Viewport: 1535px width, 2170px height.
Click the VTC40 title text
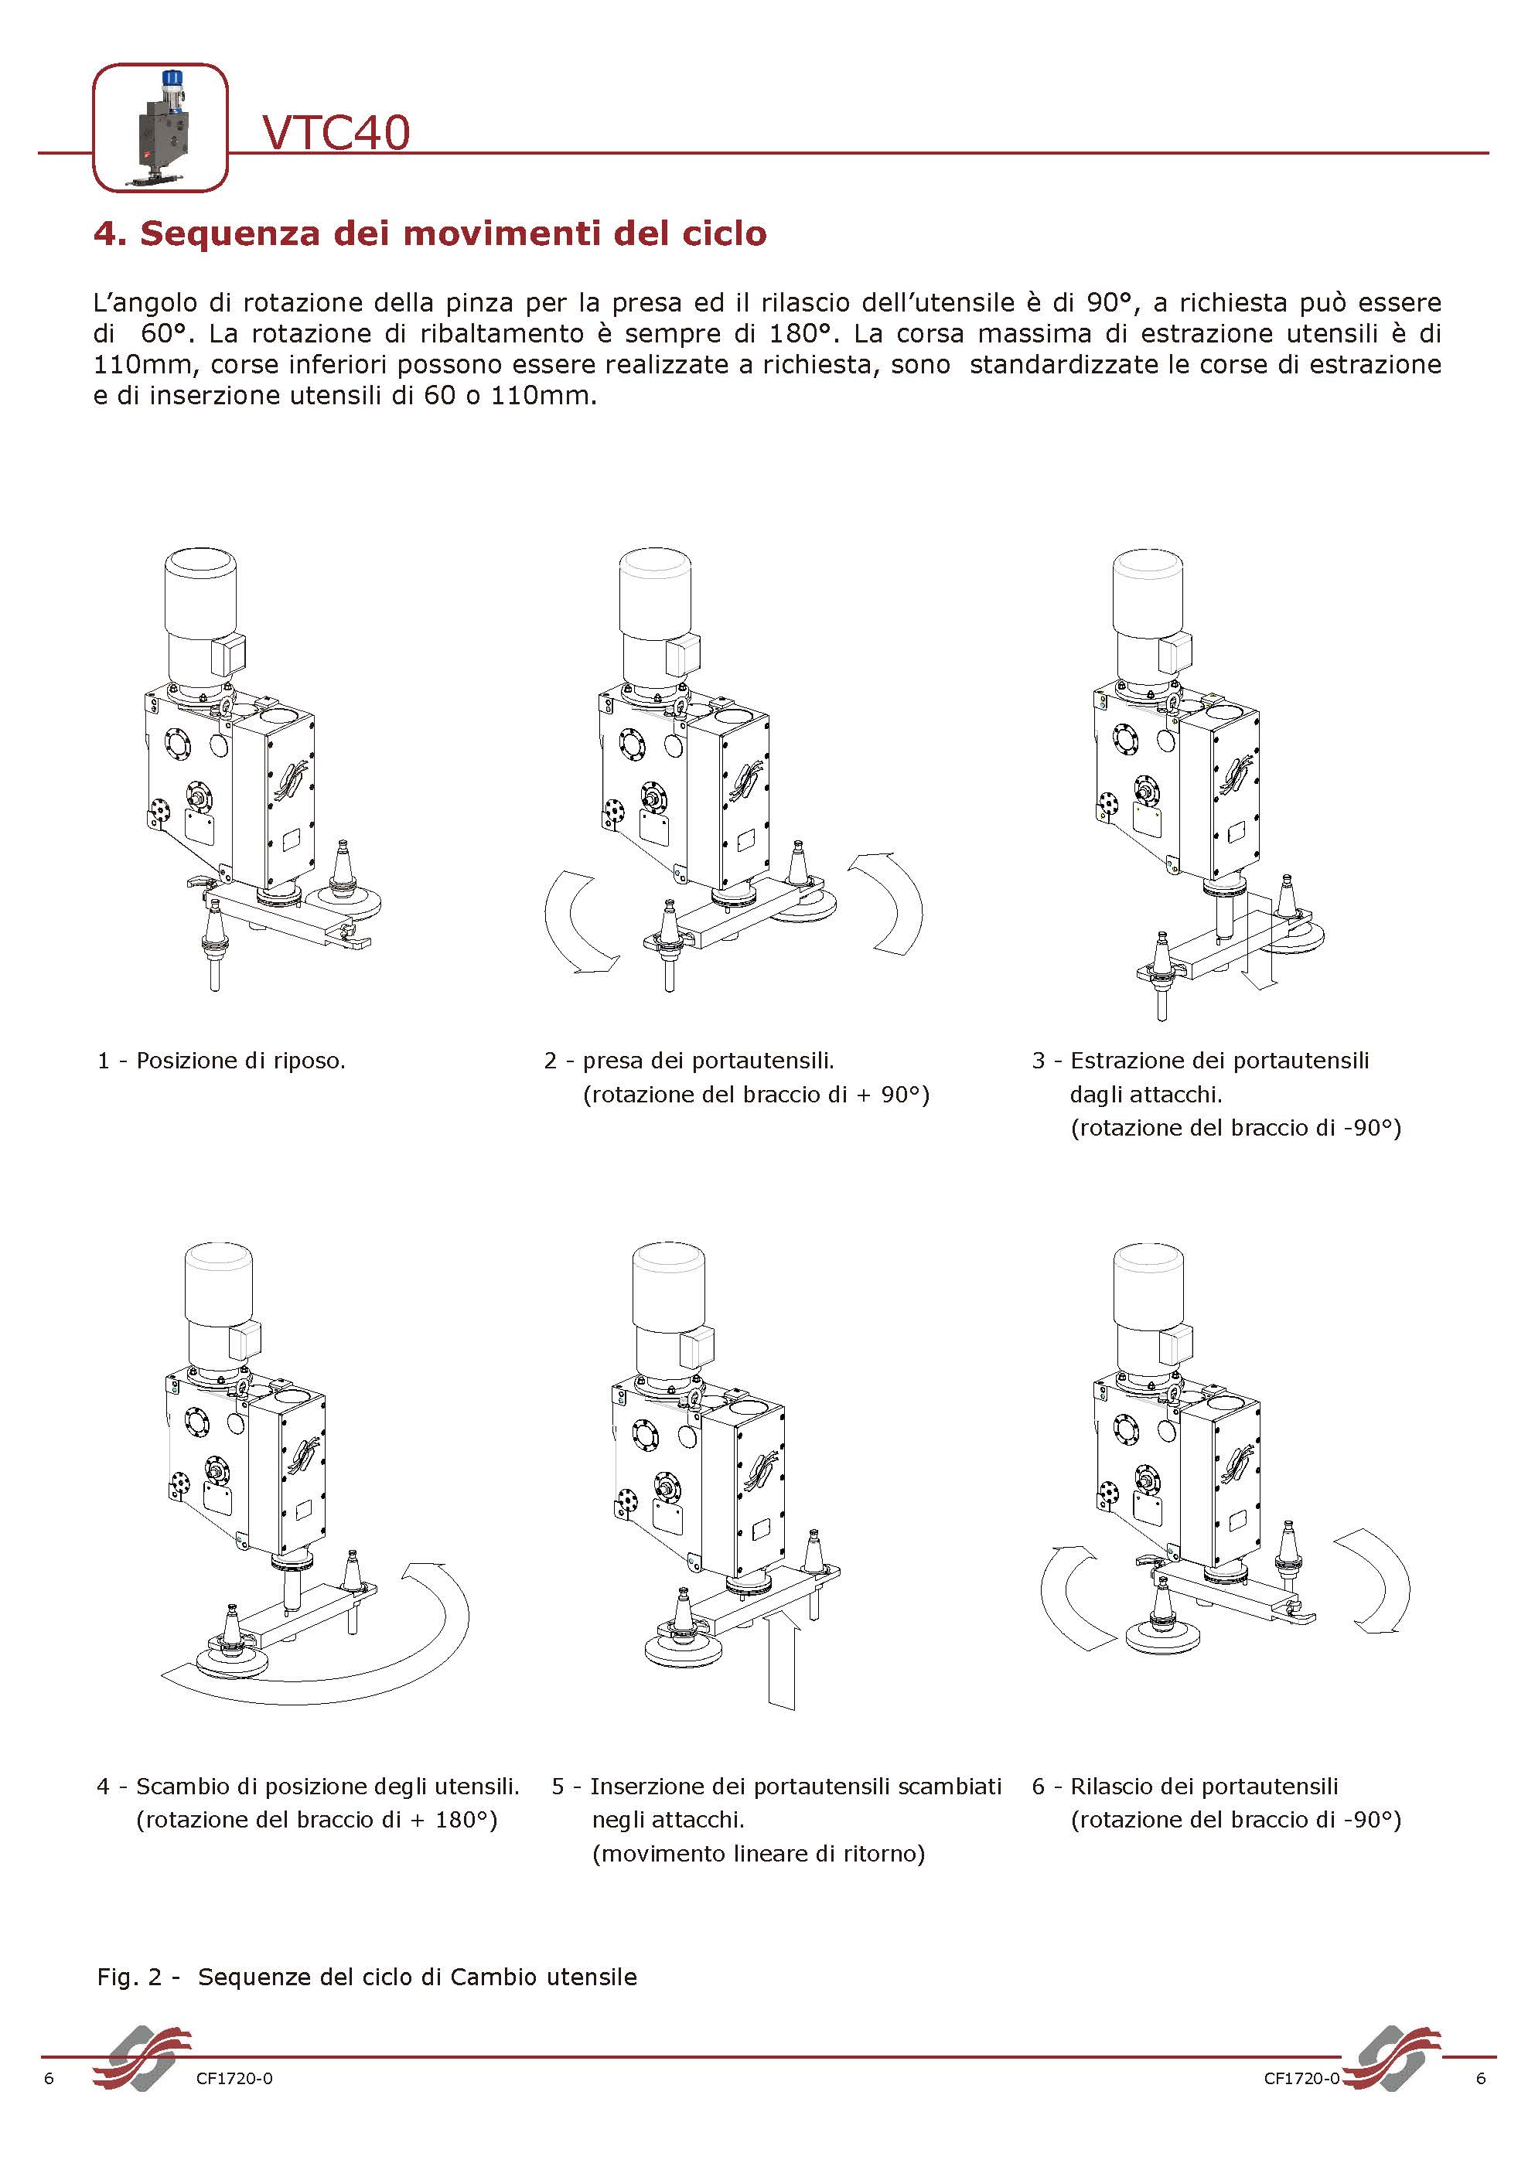336,132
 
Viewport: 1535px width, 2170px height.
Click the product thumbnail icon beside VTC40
160,128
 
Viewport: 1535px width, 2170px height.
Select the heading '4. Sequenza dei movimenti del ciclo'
430,233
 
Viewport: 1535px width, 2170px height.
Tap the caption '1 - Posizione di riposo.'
222,1061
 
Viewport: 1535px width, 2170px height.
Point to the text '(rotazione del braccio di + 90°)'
756,1095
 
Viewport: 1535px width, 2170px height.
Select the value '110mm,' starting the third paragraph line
142,365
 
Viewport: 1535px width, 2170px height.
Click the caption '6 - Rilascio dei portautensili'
1185,1787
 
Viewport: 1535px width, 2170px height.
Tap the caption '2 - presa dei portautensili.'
689,1061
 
